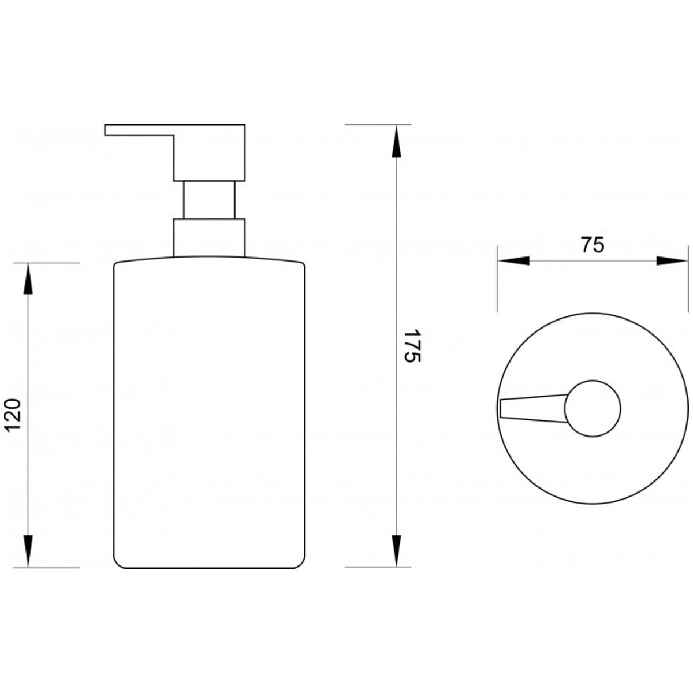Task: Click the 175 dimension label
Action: click(412, 345)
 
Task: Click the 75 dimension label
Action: click(593, 245)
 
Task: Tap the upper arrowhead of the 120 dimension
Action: click(28, 279)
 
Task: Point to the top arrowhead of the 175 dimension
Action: click(396, 141)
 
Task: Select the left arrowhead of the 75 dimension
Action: click(513, 260)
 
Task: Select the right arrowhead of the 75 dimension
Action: click(672, 260)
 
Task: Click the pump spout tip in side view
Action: click(105, 130)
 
